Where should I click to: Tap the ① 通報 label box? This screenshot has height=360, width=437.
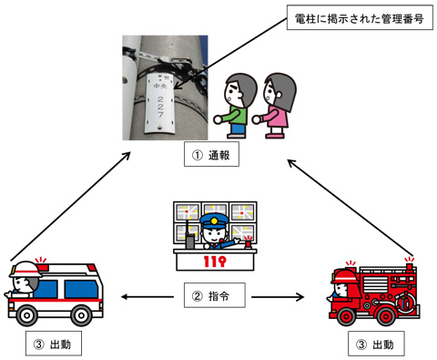[211, 156]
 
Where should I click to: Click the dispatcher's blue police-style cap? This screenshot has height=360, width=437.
[213, 222]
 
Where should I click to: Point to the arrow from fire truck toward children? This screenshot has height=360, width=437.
[351, 206]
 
